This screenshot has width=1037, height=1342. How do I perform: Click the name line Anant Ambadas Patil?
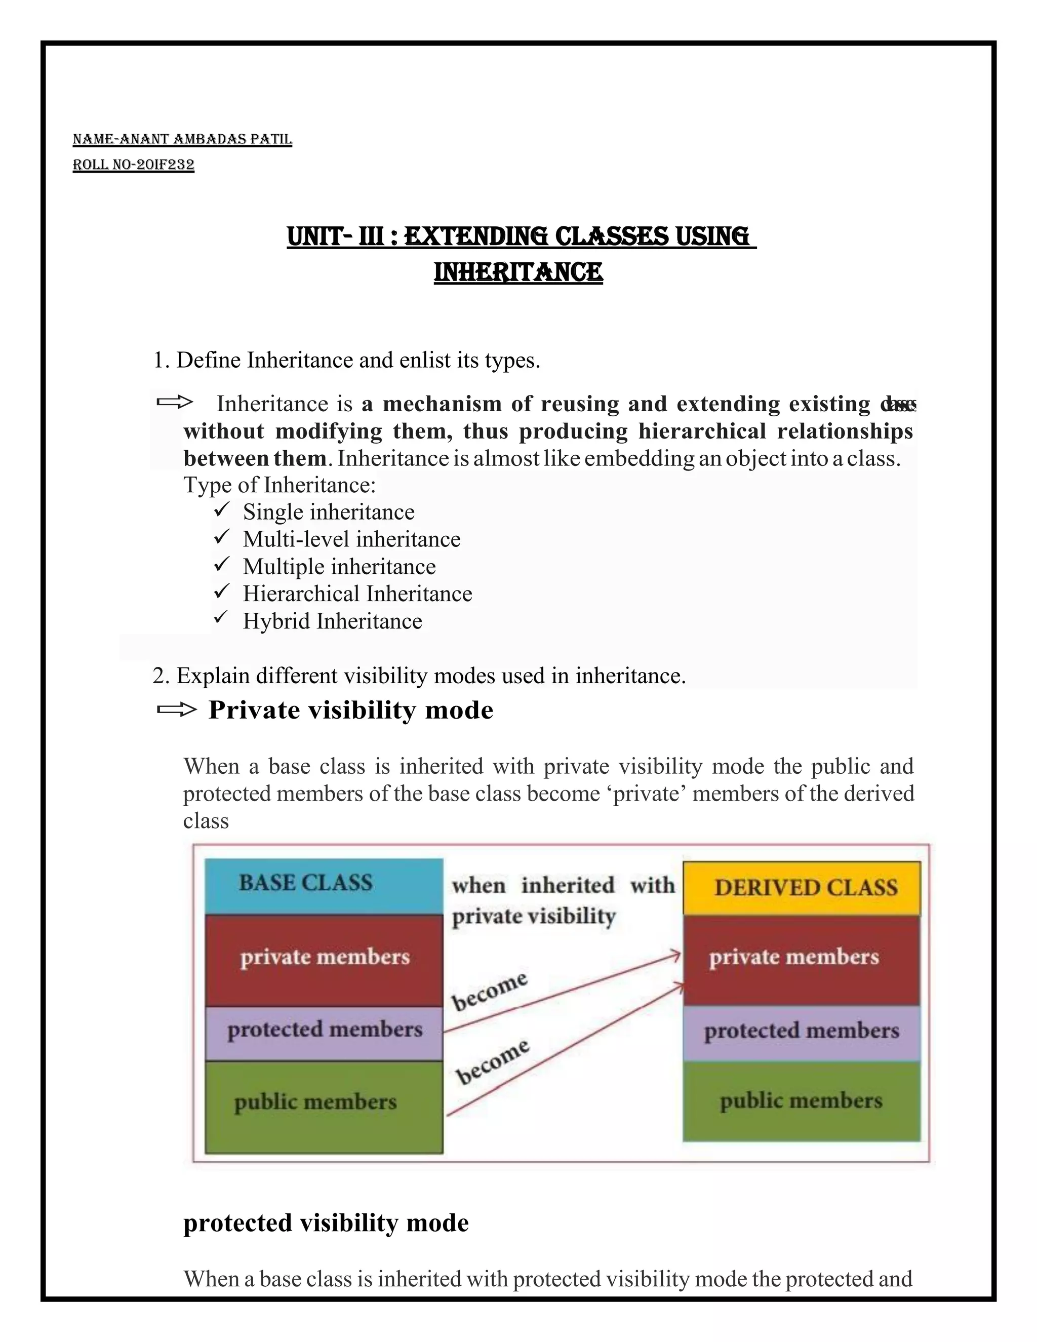pyautogui.click(x=182, y=139)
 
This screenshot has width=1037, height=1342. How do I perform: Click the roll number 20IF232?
pyautogui.click(x=133, y=165)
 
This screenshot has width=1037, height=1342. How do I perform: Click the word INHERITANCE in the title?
pyautogui.click(x=518, y=272)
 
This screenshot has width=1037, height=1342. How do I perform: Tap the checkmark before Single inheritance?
pyautogui.click(x=221, y=509)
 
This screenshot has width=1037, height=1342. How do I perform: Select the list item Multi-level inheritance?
pyautogui.click(x=351, y=539)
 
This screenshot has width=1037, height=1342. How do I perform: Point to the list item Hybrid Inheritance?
pyautogui.click(x=332, y=621)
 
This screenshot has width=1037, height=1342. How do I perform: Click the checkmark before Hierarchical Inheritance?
pyautogui.click(x=221, y=591)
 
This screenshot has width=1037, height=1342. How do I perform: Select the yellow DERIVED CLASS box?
pyautogui.click(x=801, y=887)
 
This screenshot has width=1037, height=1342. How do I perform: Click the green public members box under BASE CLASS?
pyautogui.click(x=323, y=1106)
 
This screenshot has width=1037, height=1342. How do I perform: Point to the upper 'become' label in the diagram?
pyautogui.click(x=490, y=991)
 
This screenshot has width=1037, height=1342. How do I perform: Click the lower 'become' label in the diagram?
pyautogui.click(x=492, y=1061)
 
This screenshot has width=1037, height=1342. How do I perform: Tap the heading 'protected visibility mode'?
pyautogui.click(x=326, y=1222)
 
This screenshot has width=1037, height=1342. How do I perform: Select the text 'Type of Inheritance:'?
pyautogui.click(x=279, y=485)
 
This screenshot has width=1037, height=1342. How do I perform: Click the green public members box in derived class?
pyautogui.click(x=801, y=1100)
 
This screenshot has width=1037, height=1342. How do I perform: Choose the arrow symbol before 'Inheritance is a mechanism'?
pyautogui.click(x=175, y=403)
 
